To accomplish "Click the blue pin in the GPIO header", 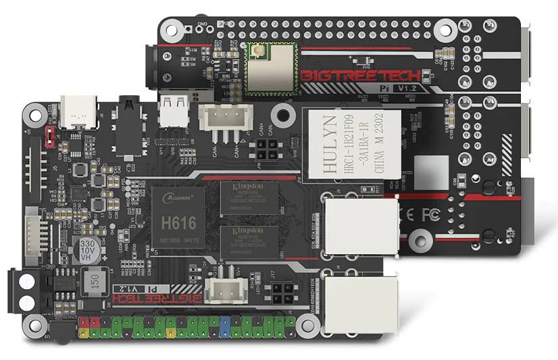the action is click(x=224, y=330).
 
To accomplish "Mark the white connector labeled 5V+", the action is click(x=223, y=290).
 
